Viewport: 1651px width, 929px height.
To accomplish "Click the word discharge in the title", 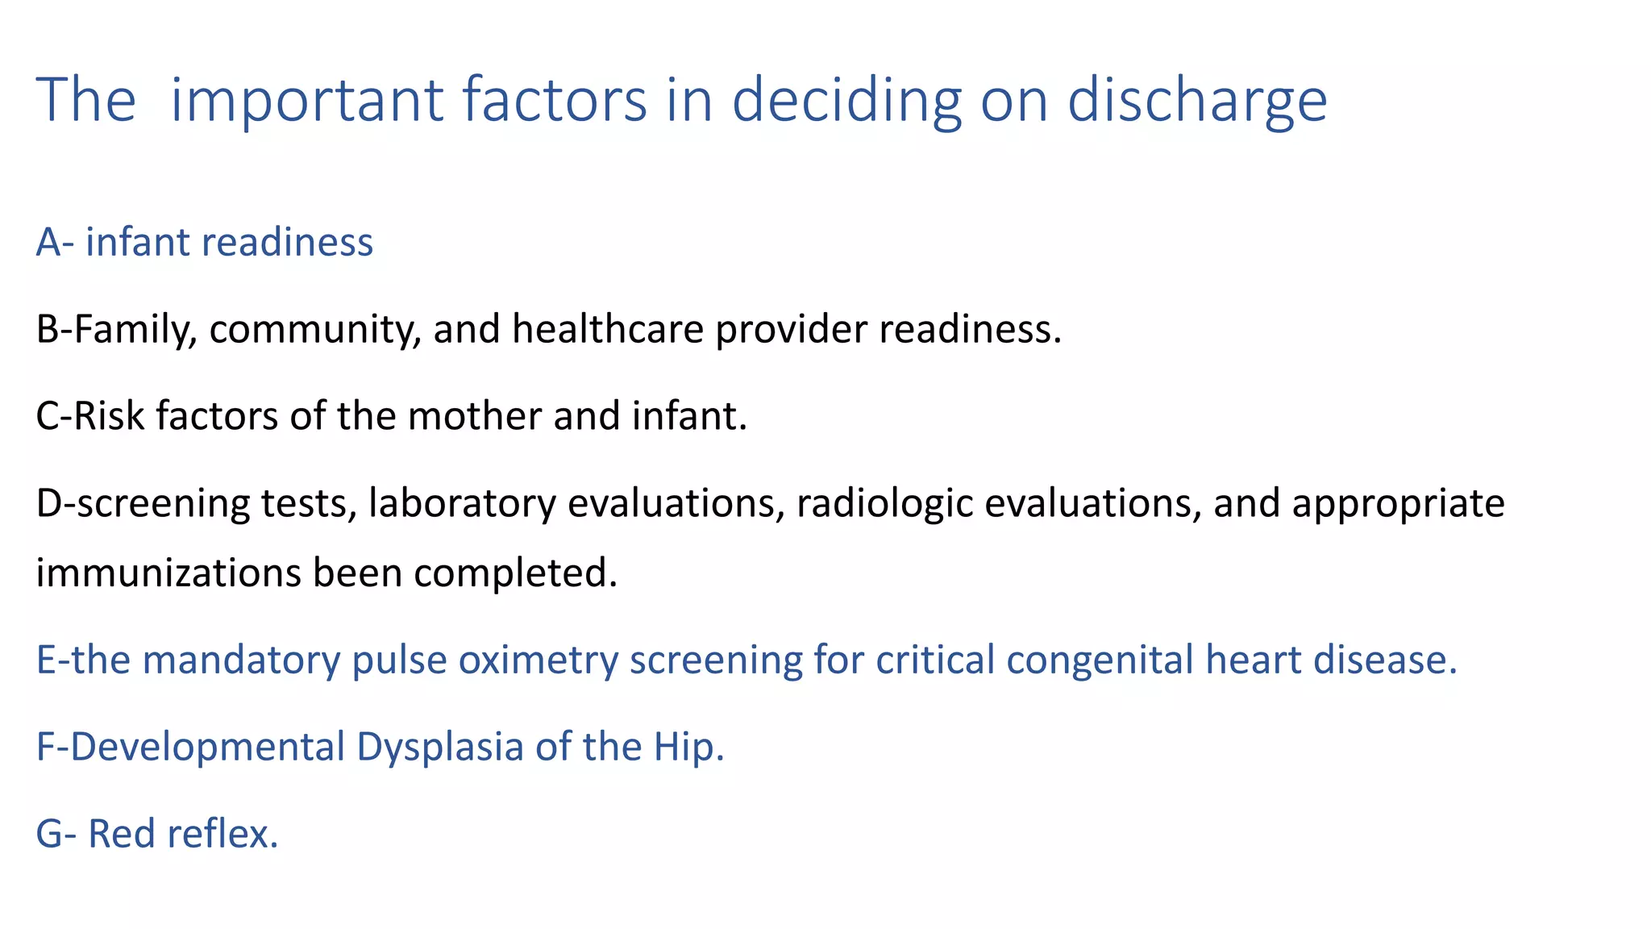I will [x=1197, y=101].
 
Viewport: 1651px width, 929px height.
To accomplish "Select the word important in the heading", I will [x=307, y=101].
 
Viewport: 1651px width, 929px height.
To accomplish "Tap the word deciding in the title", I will [x=846, y=101].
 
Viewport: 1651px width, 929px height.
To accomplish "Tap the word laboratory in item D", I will [x=462, y=503].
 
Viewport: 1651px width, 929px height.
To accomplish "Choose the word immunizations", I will [x=168, y=573].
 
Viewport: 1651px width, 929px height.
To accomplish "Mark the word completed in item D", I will [x=515, y=573].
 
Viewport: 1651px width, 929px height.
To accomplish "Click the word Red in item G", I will [x=122, y=834].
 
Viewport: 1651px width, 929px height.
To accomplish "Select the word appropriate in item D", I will [x=1399, y=503].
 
